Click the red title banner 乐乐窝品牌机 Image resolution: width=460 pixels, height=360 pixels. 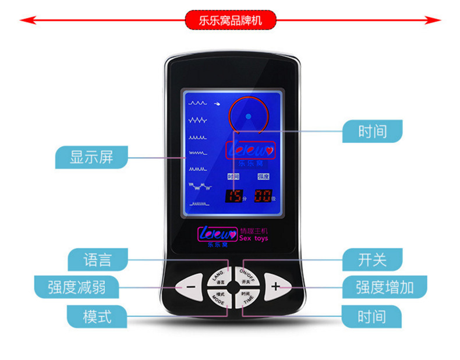point(231,20)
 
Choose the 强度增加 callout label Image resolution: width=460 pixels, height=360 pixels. point(384,287)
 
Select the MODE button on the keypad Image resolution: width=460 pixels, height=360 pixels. point(218,298)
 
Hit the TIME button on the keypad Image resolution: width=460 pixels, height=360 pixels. point(246,298)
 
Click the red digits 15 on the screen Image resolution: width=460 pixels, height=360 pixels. point(235,196)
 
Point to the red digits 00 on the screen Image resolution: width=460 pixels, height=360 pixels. point(262,196)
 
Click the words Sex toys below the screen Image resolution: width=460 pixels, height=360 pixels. point(254,239)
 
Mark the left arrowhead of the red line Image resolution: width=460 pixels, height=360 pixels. point(24,20)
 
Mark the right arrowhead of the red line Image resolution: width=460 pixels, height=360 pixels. point(437,20)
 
